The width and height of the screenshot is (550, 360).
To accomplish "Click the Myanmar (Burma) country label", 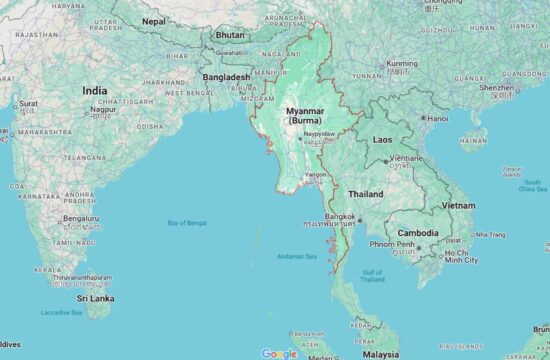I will point(304,114).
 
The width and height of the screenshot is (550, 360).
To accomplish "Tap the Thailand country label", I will point(366,193).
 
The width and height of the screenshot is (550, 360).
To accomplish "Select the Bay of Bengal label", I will point(187,222).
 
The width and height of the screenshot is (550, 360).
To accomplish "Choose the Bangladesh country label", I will point(226,76).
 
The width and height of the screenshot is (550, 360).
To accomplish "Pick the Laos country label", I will point(382,140).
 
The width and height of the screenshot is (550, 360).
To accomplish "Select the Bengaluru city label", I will point(80,217).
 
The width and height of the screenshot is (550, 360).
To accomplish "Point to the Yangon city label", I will point(315,174).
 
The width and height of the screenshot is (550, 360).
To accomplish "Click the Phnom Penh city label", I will point(391,244).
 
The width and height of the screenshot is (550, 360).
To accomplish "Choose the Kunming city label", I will point(402,63).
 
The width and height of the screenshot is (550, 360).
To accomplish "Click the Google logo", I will point(279,353).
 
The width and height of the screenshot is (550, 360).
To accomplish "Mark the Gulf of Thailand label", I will point(372,275).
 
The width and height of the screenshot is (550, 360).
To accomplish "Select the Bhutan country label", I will point(230,34).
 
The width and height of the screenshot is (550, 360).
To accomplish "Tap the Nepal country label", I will point(154,20).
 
